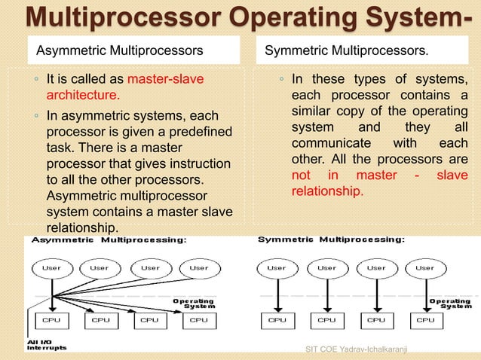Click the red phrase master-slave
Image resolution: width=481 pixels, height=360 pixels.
[x=166, y=78]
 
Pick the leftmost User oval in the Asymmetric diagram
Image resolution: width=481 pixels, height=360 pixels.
[x=51, y=267]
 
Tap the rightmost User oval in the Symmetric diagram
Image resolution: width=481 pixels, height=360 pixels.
[x=425, y=267]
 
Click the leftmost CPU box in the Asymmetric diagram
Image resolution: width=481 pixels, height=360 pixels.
[x=51, y=319]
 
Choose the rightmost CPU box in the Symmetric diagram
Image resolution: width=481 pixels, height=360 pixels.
[x=425, y=319]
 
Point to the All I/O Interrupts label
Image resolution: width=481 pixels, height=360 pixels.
[x=47, y=344]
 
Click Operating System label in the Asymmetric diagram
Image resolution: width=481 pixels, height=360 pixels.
[x=194, y=303]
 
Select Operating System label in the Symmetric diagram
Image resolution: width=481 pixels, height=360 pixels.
[x=450, y=303]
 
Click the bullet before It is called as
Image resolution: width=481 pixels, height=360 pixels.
[x=35, y=78]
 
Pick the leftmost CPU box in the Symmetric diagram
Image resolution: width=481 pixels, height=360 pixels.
[x=277, y=319]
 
